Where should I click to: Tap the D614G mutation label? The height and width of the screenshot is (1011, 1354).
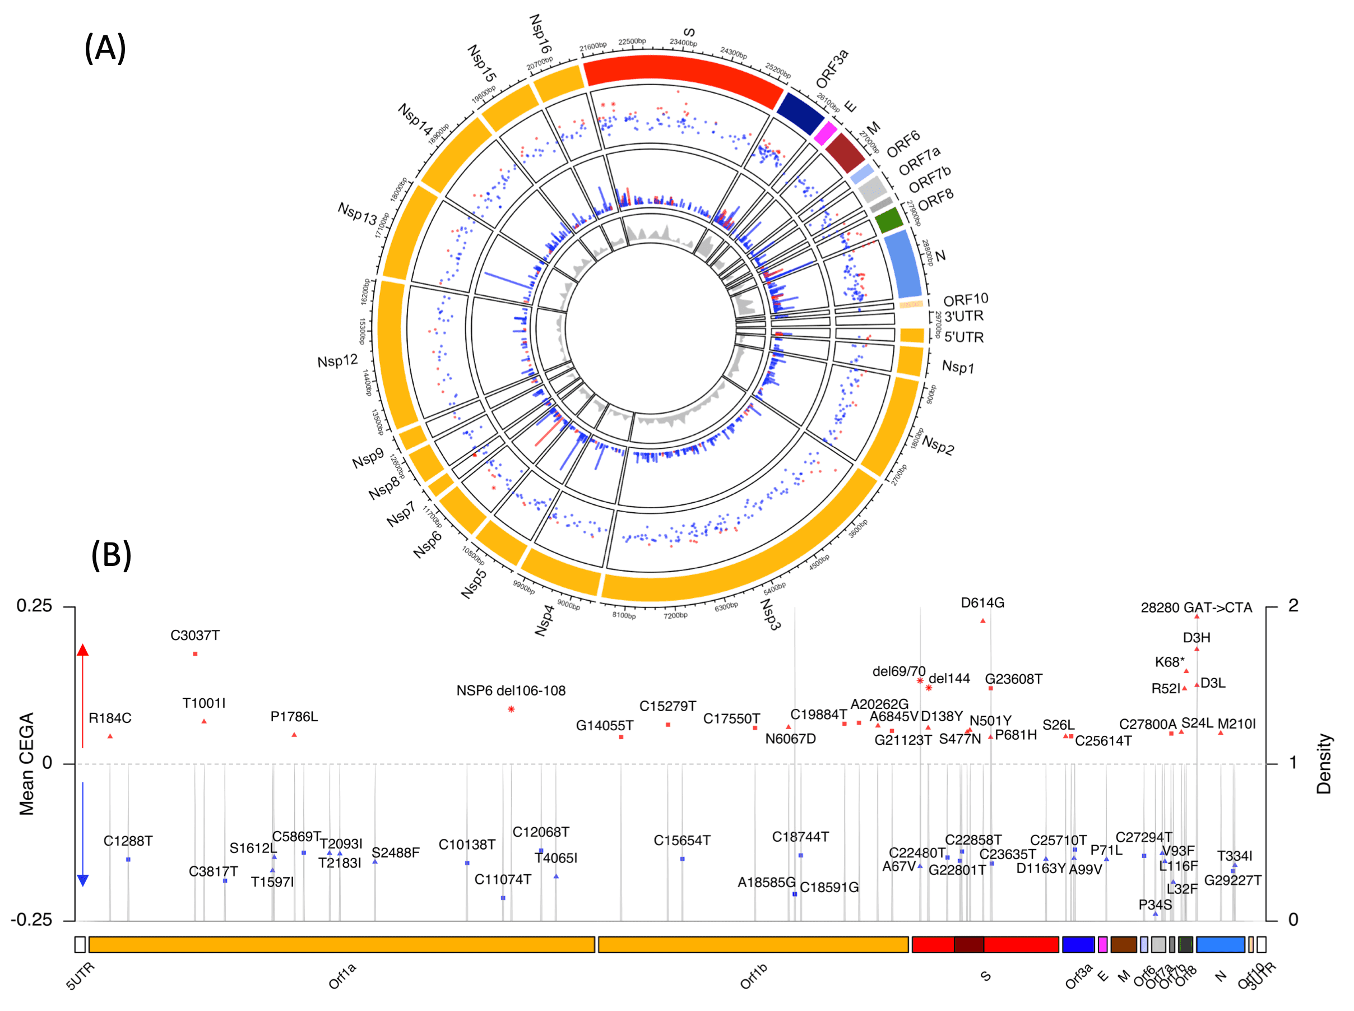coord(981,603)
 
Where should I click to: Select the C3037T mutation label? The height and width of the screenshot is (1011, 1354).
coord(194,636)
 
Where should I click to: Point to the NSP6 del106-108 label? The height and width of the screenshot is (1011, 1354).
coord(511,690)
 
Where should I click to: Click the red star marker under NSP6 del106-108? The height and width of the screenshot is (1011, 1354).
coord(511,709)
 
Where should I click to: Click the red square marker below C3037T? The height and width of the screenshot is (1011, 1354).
coord(195,653)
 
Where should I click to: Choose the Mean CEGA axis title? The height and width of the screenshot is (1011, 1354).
coord(26,764)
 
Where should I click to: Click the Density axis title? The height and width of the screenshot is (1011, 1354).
coord(1323,764)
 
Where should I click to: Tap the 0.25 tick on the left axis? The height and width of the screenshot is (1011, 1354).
coord(34,606)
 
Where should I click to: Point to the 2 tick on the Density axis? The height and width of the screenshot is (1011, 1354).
coord(1293,606)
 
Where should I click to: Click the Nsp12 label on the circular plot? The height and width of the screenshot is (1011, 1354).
coord(337,361)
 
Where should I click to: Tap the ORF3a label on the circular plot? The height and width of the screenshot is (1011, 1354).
coord(832,68)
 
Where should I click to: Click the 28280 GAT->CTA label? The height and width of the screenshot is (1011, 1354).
coord(1195,607)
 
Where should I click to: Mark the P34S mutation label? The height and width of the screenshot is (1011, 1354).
coord(1154,905)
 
